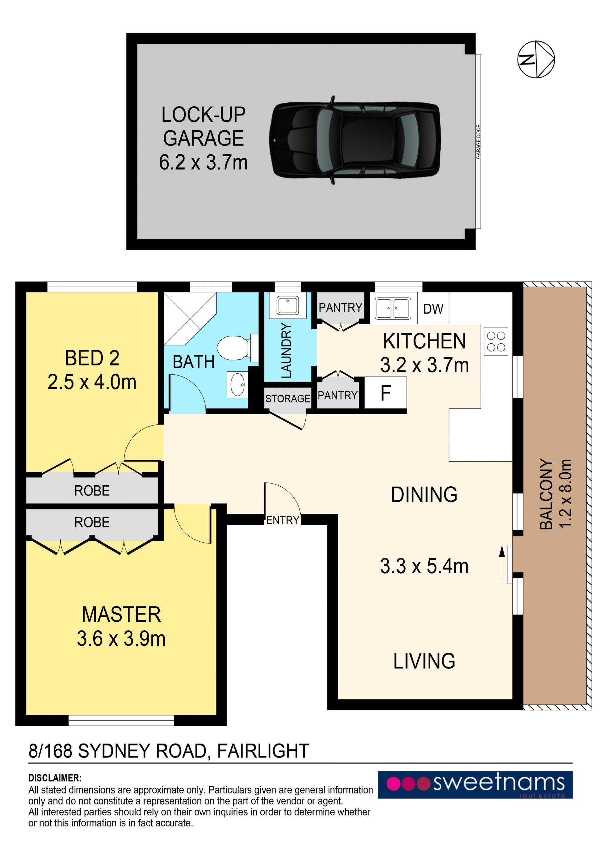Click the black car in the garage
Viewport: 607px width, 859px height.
coord(354,140)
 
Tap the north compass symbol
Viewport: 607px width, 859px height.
coord(536,59)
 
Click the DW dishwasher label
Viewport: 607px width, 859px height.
coord(433,309)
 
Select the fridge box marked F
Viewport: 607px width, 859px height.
coord(385,393)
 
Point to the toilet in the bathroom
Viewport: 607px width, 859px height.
coord(237,348)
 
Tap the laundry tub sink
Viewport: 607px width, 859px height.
coord(287,306)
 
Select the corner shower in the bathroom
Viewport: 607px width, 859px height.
coord(190,318)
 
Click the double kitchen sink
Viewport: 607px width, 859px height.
coord(393,308)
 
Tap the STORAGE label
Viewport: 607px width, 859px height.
coord(287,399)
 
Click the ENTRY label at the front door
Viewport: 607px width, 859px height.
coord(283,520)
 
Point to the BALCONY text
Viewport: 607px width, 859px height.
coord(546,494)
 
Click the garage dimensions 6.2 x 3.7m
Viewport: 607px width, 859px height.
coord(203,162)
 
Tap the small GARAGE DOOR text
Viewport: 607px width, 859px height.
coord(478,141)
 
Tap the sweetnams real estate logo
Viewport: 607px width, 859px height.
coord(475,785)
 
